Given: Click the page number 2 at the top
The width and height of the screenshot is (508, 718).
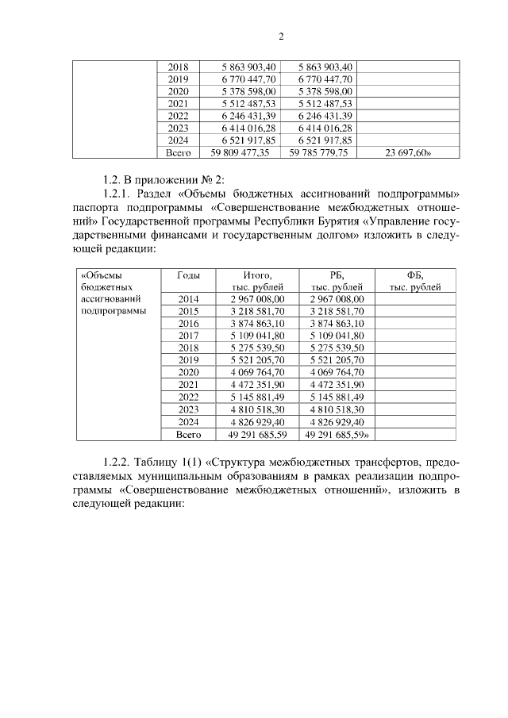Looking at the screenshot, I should click(281, 36).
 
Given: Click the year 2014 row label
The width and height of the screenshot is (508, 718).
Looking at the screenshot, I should click(189, 299).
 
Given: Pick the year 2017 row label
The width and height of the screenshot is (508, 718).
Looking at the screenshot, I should click(189, 336).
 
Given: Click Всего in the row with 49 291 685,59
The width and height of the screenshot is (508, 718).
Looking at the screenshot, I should click(189, 435).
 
